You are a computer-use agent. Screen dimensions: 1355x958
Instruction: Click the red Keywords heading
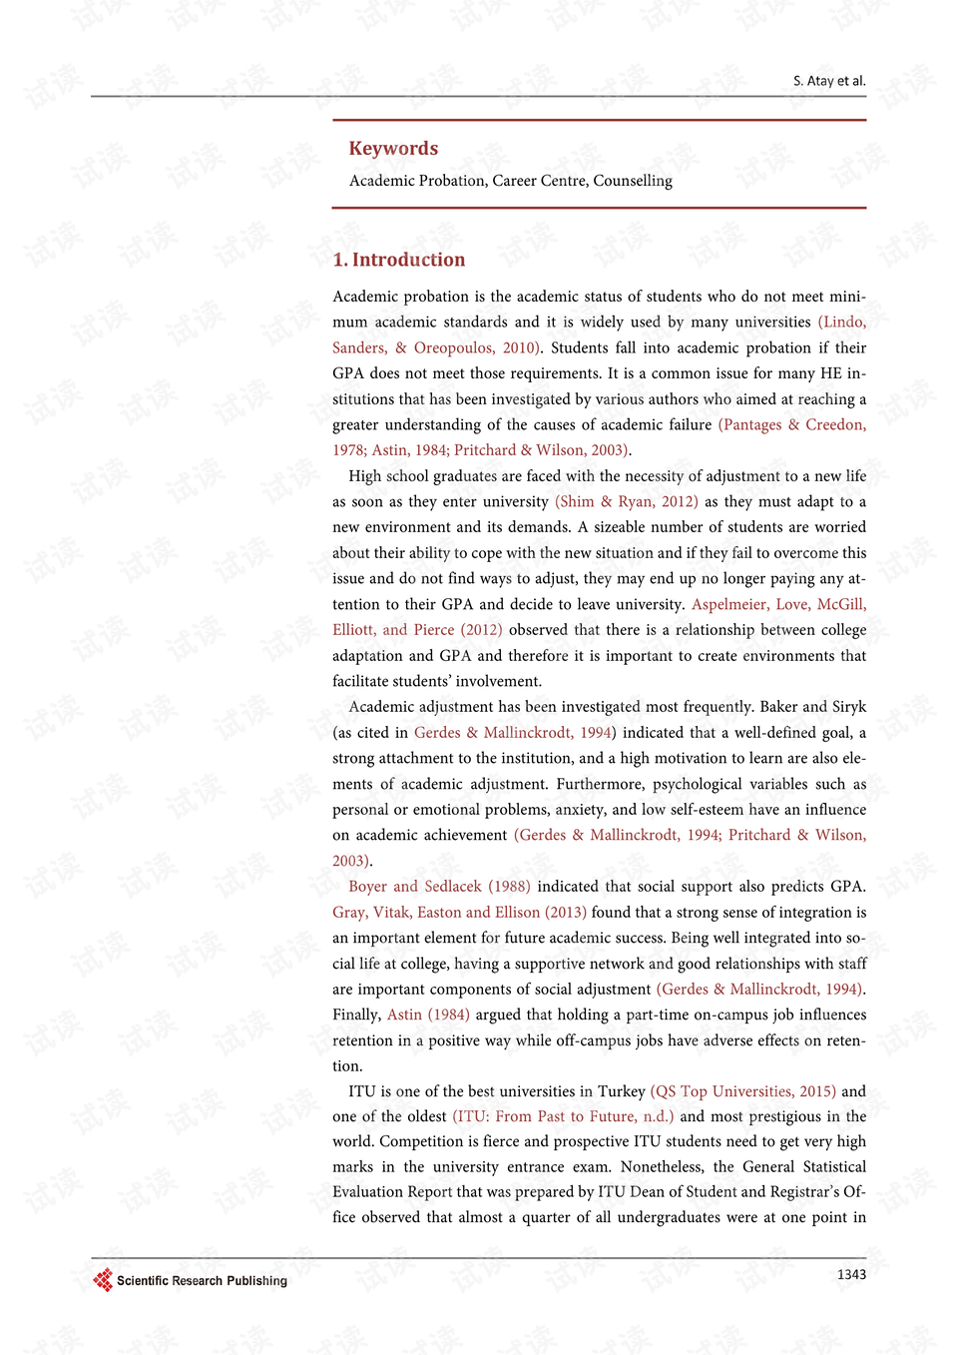click(x=393, y=149)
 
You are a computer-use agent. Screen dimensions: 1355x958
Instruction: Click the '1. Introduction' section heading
click(x=399, y=260)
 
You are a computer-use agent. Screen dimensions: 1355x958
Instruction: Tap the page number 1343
click(x=851, y=1274)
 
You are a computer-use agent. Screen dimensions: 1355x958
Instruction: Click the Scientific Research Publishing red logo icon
click(x=103, y=1280)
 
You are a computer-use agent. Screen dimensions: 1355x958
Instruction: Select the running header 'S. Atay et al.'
click(x=829, y=81)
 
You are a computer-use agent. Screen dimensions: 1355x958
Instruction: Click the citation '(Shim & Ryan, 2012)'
click(x=626, y=501)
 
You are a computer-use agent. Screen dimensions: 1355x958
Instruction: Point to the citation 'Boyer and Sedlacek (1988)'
click(x=439, y=886)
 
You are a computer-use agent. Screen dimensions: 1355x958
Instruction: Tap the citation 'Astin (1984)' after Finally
click(x=428, y=1015)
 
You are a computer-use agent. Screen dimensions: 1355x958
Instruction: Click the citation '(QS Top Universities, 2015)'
click(x=742, y=1091)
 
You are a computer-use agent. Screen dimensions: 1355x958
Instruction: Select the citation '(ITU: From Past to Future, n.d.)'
click(x=563, y=1116)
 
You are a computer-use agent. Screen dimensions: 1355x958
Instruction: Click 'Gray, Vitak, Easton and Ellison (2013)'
click(x=459, y=912)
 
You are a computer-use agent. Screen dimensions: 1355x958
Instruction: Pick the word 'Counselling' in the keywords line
click(x=633, y=181)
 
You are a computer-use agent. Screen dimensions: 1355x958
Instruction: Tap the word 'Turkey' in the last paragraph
click(x=621, y=1091)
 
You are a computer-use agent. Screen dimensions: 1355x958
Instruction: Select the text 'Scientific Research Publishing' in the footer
click(x=202, y=1281)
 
